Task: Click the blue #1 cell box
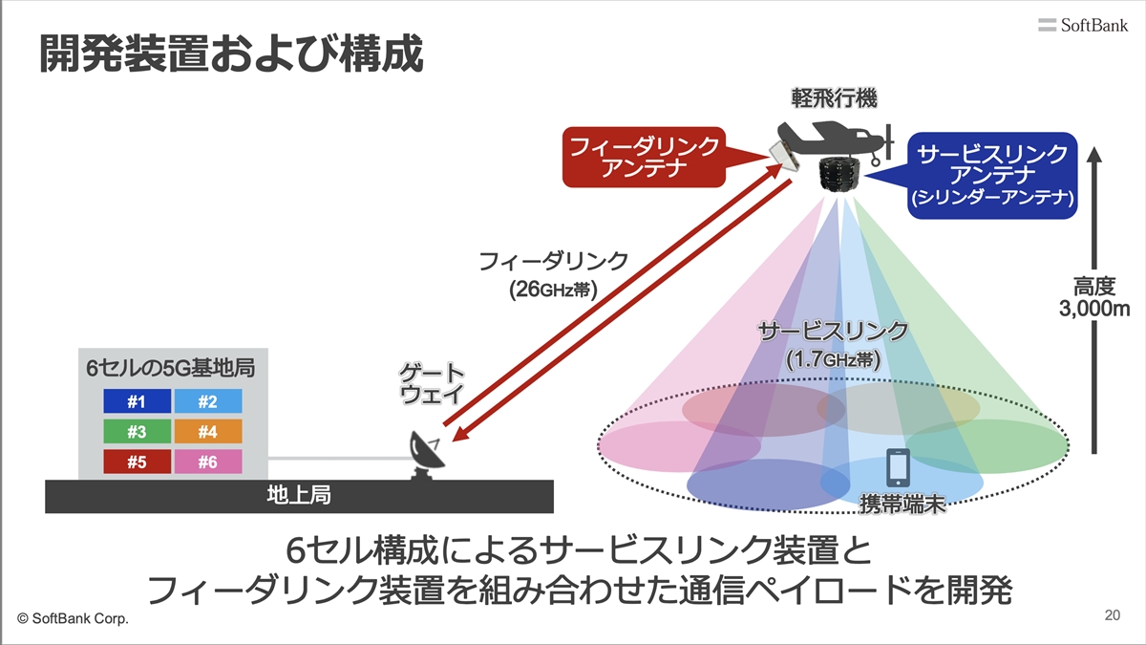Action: (x=138, y=400)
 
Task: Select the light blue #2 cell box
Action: (x=208, y=400)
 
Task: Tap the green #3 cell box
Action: (x=138, y=432)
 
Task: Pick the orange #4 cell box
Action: (x=208, y=432)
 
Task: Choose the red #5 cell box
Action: (x=138, y=462)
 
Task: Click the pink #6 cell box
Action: (x=208, y=462)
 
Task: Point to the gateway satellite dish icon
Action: (x=426, y=456)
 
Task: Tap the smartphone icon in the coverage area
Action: (x=898, y=467)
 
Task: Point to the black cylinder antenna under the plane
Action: (x=839, y=174)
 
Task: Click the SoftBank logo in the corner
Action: (x=1083, y=25)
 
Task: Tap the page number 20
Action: (x=1113, y=614)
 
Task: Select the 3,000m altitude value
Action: (x=1094, y=309)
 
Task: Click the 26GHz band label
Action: (x=553, y=290)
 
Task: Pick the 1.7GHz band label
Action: (x=834, y=360)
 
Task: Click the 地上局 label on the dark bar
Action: (x=299, y=495)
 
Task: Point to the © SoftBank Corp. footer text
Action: (x=73, y=618)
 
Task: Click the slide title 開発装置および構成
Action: (x=231, y=54)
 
